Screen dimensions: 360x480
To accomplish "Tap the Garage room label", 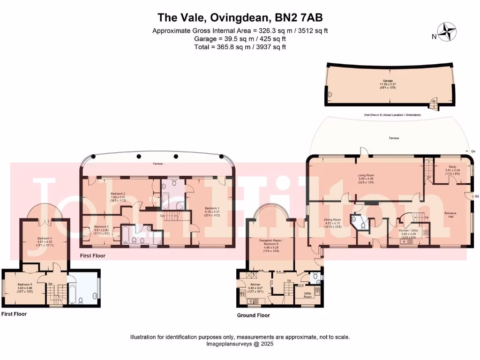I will pos(388,81).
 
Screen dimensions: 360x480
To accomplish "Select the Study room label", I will pos(452,166).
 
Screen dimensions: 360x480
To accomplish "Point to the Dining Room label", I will pos(332,219).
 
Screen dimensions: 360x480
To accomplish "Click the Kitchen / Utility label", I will pos(408,231).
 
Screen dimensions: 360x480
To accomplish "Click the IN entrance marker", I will pos(476,196).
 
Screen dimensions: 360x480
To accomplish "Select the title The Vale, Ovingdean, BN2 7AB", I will pos(240,18).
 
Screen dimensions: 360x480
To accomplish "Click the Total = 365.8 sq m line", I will pos(240,47).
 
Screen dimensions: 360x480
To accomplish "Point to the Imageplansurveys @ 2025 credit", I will pos(240,344).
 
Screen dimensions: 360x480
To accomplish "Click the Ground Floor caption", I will pos(253,315).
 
